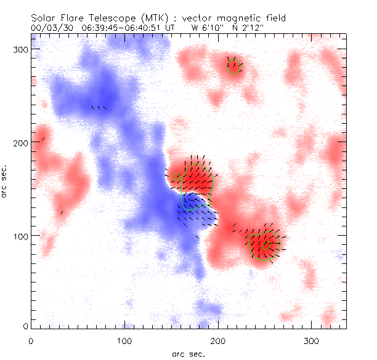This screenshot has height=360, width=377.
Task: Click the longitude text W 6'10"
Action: [206, 28]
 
